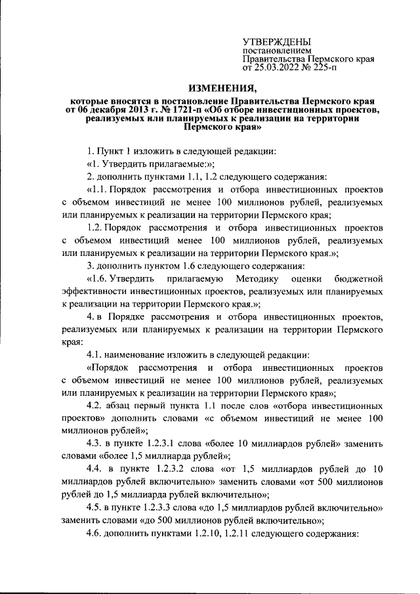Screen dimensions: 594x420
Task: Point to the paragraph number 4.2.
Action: point(96,405)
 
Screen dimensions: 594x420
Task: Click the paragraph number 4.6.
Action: point(95,532)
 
